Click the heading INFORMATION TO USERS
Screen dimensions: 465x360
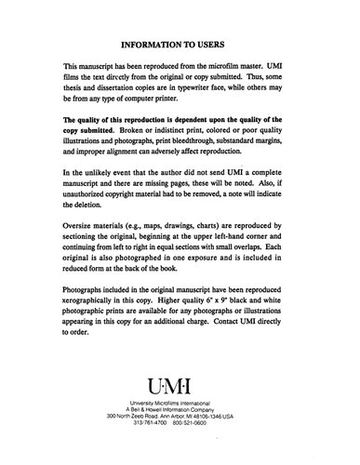coord(180,42)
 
